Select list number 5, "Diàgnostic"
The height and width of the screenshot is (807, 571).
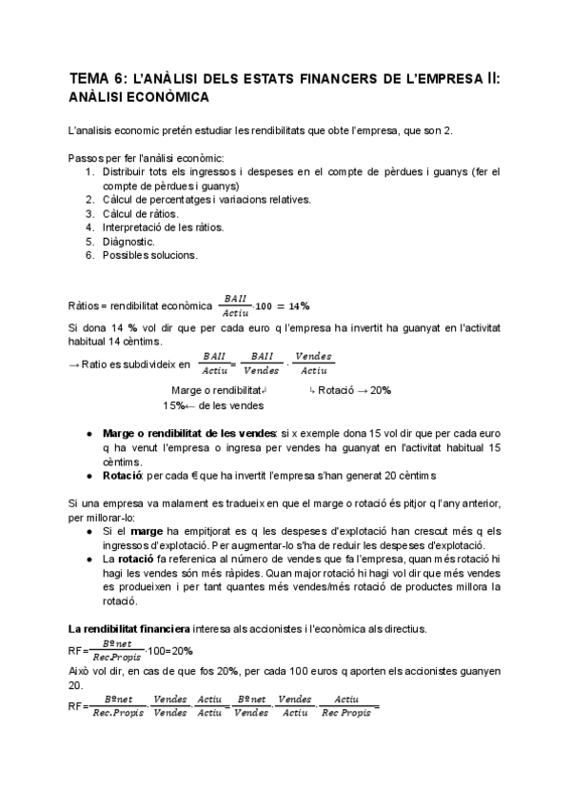[128, 241]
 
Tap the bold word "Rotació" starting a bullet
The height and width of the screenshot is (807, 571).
[123, 475]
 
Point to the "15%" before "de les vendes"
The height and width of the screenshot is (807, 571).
[173, 405]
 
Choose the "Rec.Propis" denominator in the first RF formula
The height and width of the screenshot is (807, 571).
[117, 656]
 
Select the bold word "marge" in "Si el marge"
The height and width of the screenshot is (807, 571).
[145, 530]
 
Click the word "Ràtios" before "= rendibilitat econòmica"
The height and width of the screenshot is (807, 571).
[84, 305]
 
